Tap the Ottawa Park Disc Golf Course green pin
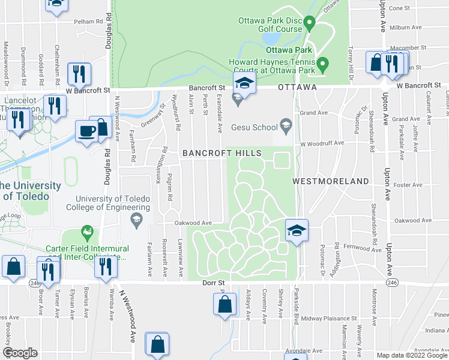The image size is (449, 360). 310,24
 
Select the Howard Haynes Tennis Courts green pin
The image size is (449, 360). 322,62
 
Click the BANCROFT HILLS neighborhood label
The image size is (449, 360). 222,153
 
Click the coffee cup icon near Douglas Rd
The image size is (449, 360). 87,131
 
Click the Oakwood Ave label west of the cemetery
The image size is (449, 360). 193,222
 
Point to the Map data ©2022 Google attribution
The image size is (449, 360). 412,355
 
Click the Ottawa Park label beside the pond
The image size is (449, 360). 289,49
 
